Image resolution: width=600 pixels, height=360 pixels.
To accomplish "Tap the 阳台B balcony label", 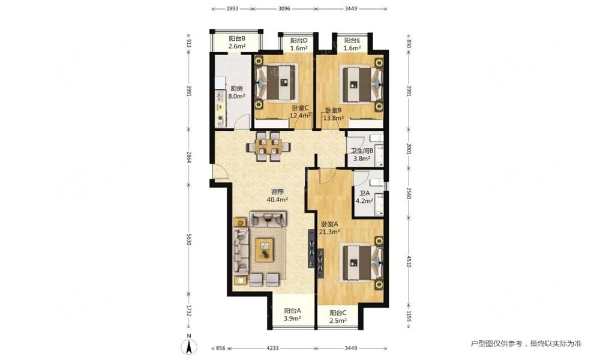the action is click(x=237, y=38).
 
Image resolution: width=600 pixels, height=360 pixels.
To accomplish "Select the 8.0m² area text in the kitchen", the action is click(x=236, y=97).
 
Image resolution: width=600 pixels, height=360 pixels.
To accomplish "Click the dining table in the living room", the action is click(x=268, y=146).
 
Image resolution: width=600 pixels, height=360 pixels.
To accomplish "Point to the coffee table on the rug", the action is click(x=265, y=250).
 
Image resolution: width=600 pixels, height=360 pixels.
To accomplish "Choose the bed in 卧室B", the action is click(x=362, y=85).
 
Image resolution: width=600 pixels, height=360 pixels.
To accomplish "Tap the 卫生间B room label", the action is click(x=362, y=151).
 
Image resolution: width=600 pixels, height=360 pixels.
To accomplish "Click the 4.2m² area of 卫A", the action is click(x=364, y=200).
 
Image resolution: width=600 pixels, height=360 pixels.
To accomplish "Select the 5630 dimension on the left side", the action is click(x=188, y=239).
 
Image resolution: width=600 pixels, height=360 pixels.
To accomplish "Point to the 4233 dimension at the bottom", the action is click(x=272, y=348).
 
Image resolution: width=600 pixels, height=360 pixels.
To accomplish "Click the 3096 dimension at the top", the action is click(x=284, y=8).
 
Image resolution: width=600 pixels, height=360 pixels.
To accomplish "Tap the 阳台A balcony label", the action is click(x=293, y=311).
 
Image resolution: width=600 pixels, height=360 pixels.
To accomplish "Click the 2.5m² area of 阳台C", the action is click(x=338, y=321).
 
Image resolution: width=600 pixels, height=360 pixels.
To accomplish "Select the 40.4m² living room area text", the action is click(x=277, y=199).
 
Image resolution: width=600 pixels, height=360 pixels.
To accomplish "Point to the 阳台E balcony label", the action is click(x=352, y=41).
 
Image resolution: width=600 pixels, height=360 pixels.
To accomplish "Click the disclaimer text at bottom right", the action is click(x=526, y=344).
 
